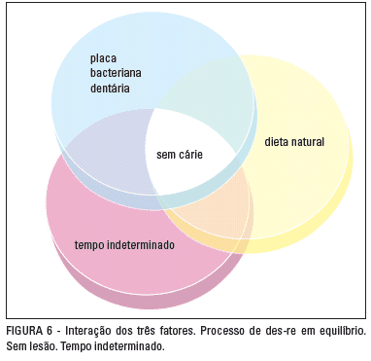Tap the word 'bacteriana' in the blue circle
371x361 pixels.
(116, 73)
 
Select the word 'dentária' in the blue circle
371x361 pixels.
(110, 88)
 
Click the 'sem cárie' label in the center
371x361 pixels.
(180, 154)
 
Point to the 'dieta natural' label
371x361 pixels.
(294, 142)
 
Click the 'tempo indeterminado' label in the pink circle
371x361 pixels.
(124, 245)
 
